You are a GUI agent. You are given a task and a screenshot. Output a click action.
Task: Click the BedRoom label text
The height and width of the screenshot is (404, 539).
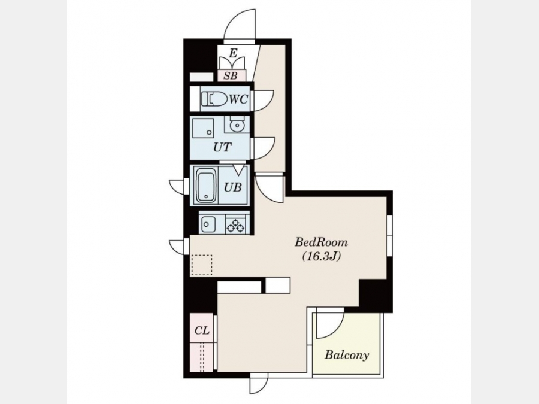[321, 242]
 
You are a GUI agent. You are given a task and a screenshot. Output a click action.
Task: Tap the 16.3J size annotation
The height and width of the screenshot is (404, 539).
[321, 256]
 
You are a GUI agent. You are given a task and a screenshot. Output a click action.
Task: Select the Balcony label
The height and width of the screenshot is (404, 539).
[347, 354]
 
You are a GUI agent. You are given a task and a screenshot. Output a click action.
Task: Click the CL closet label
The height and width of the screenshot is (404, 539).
[202, 330]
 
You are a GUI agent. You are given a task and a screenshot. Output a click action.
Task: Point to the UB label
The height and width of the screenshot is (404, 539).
[233, 187]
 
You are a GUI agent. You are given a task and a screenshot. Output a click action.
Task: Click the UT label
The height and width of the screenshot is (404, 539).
[222, 147]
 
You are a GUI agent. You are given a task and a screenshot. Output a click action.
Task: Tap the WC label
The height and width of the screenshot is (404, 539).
[238, 99]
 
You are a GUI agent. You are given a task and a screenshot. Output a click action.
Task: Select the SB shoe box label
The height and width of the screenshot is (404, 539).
[231, 75]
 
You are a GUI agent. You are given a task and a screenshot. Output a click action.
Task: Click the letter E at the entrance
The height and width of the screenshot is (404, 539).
[234, 53]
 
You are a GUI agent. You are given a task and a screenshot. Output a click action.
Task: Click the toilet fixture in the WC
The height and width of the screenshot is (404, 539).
[214, 99]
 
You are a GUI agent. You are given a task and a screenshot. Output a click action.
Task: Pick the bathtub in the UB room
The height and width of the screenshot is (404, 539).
[206, 186]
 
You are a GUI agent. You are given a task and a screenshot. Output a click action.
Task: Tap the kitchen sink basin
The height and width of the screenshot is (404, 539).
[207, 224]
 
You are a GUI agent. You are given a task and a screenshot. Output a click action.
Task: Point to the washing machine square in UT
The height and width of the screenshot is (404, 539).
[203, 129]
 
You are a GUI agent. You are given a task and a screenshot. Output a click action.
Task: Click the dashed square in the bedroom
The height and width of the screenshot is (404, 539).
[202, 265]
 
